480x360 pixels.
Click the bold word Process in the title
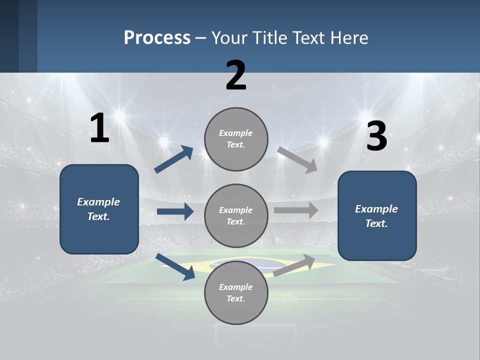pos(157,38)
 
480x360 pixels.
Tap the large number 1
pos(99,129)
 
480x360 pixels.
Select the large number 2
pos(236,75)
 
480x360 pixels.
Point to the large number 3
pos(376,136)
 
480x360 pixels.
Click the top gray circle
pos(236,139)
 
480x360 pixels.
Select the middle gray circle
pos(236,215)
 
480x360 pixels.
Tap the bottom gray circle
pos(236,292)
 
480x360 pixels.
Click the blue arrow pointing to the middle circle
pos(175,211)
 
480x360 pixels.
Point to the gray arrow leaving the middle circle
pos(296,210)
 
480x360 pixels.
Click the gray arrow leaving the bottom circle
pos(294,265)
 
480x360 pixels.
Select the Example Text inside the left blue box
pos(98,209)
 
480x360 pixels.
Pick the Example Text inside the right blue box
pos(376,216)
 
